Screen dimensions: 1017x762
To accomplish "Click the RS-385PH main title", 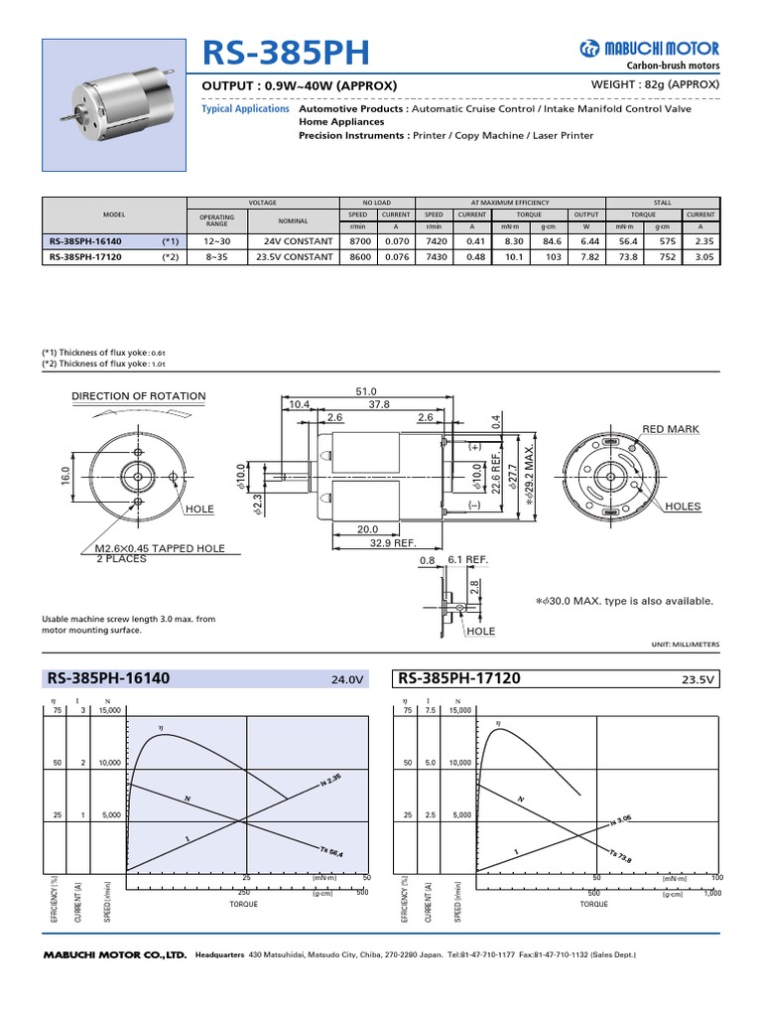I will pos(273,53).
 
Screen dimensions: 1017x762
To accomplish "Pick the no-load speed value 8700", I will pos(359,241).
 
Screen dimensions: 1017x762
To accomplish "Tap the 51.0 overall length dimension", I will pos(367,391).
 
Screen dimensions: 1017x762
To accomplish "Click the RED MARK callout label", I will pos(671,429).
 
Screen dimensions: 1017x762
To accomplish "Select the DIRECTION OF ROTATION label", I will pos(138,396).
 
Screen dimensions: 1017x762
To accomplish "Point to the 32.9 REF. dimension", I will pos(391,544).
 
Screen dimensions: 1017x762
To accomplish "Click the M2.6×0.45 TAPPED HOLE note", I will pos(160,548).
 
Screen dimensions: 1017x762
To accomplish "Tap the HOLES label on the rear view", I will pos(683,507).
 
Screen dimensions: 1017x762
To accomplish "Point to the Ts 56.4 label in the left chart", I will pos(331,851).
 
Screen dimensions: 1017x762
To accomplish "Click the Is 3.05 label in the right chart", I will pos(622,817).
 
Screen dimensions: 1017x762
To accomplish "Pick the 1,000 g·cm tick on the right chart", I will pos(712,894).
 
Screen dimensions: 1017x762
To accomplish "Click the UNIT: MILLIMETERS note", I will pos(686,645).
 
